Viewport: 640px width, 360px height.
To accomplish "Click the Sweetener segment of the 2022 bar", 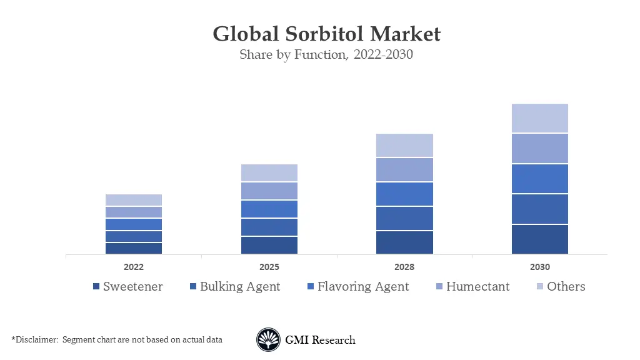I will point(134,248).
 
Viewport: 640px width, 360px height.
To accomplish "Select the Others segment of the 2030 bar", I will point(540,118).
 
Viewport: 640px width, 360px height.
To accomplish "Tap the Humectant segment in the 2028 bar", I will point(404,169).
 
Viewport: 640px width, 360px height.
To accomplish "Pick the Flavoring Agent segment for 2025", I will point(269,209).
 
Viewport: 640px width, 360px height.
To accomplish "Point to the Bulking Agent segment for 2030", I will point(540,209).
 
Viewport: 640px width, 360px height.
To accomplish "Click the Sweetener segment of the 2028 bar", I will point(404,242).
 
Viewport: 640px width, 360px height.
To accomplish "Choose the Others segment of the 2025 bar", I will point(269,173).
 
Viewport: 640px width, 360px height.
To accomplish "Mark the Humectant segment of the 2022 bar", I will point(134,212).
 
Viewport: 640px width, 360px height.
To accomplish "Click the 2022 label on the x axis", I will point(134,267).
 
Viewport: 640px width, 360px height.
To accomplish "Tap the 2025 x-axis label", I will point(269,267).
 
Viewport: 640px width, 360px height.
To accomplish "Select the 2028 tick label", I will point(404,267).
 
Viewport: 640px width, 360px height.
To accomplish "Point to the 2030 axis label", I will point(540,267).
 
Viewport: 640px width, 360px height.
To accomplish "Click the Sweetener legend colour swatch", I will point(96,287).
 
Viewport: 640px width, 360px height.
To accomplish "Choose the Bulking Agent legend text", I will point(240,287).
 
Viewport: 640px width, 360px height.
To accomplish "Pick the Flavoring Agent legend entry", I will point(363,287).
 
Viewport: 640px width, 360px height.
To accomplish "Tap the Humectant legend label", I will point(477,287).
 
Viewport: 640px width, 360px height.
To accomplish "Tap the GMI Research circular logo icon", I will point(268,340).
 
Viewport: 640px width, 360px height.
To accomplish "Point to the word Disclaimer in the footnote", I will point(35,340).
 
